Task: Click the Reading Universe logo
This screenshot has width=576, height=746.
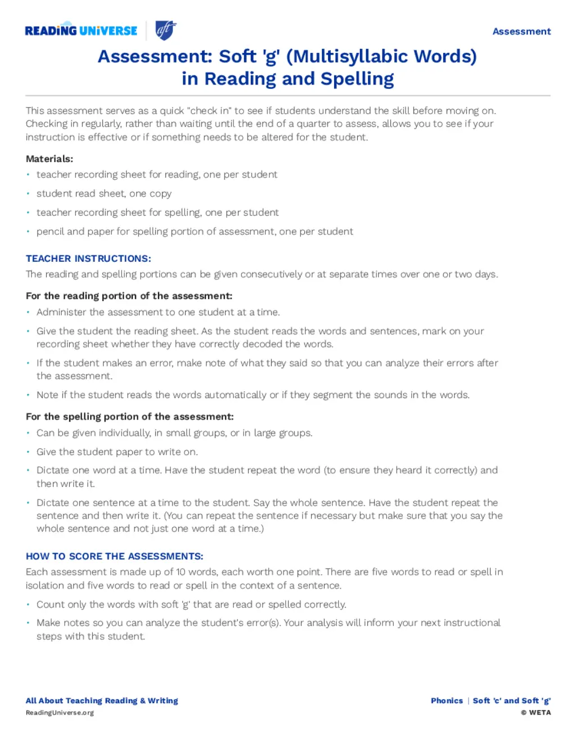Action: point(81,30)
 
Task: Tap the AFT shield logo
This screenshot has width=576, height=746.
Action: point(166,30)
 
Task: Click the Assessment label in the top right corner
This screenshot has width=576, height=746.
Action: point(521,32)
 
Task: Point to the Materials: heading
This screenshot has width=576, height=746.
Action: point(49,159)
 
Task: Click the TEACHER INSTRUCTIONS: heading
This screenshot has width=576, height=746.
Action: point(88,258)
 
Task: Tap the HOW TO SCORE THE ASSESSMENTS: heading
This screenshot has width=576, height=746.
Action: point(114,556)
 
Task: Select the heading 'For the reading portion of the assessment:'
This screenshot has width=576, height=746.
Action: point(129,296)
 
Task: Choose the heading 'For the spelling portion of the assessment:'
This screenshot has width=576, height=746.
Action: point(129,417)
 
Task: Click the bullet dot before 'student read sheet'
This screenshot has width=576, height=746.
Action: point(28,193)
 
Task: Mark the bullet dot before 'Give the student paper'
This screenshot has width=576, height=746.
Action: point(28,452)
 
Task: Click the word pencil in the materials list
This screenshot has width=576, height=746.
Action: point(50,231)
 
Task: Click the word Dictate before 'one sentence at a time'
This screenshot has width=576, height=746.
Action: point(53,503)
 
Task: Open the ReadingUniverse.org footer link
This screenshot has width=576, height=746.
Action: point(60,713)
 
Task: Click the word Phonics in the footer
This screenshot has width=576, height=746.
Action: point(447,701)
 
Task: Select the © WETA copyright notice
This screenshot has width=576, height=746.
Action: point(535,713)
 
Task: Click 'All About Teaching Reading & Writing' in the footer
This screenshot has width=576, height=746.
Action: point(102,701)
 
